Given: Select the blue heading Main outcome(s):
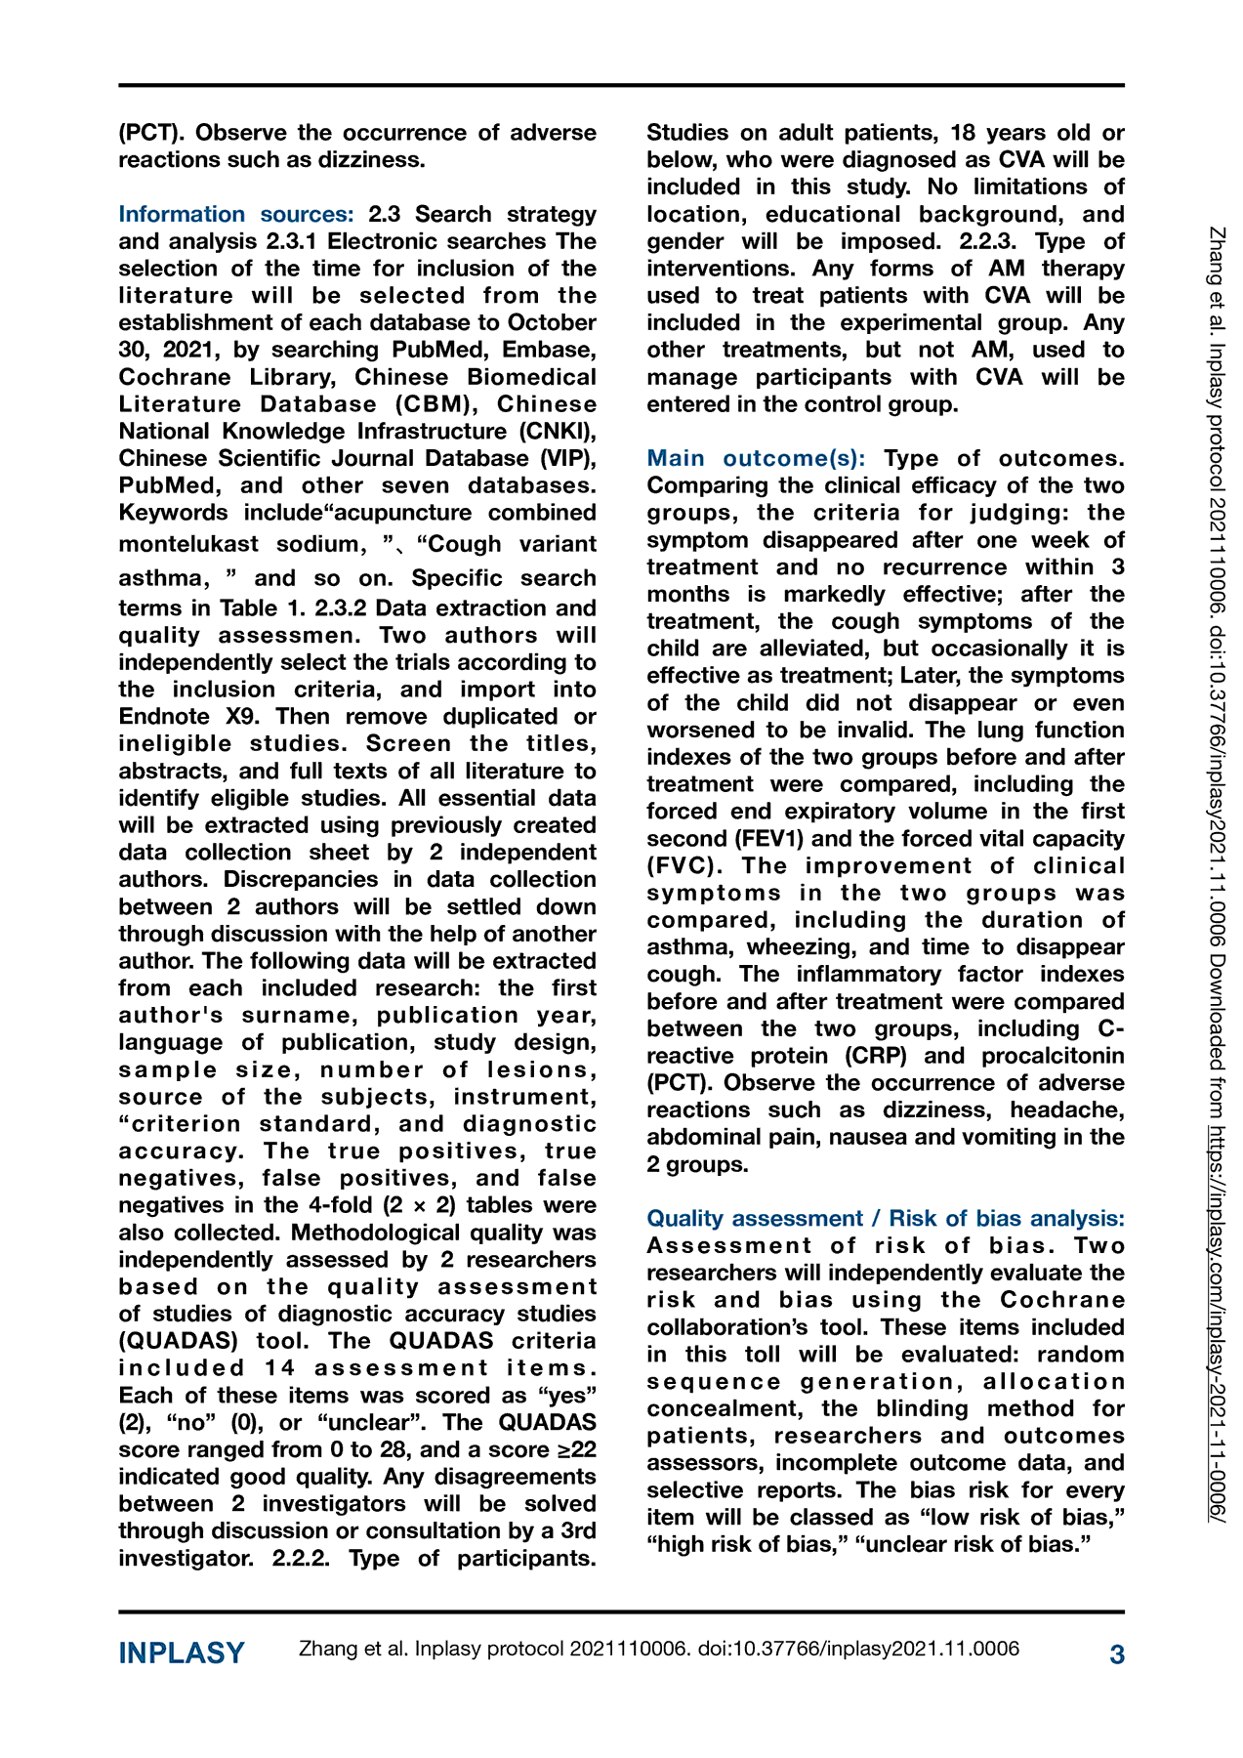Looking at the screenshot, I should [x=756, y=458].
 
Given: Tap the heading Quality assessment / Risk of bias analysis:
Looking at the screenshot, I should [x=885, y=1218].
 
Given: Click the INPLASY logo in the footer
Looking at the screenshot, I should [x=182, y=1653].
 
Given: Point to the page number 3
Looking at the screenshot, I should [x=1117, y=1653].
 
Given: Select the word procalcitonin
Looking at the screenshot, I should [x=1053, y=1056].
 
